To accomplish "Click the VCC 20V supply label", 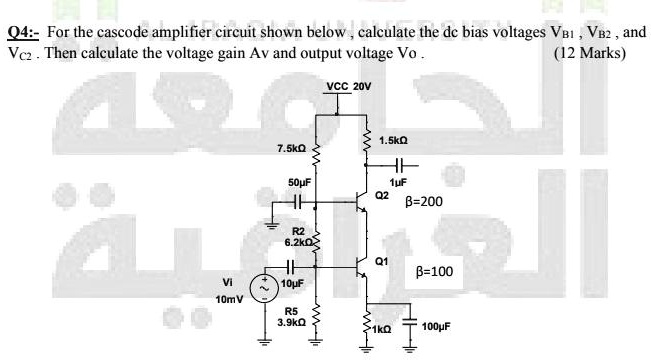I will pyautogui.click(x=349, y=86).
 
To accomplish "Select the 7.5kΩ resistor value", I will pyautogui.click(x=291, y=148).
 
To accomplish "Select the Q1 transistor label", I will pyautogui.click(x=381, y=261).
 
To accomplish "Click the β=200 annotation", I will pyautogui.click(x=429, y=201).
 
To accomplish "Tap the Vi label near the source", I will pyautogui.click(x=231, y=281).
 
